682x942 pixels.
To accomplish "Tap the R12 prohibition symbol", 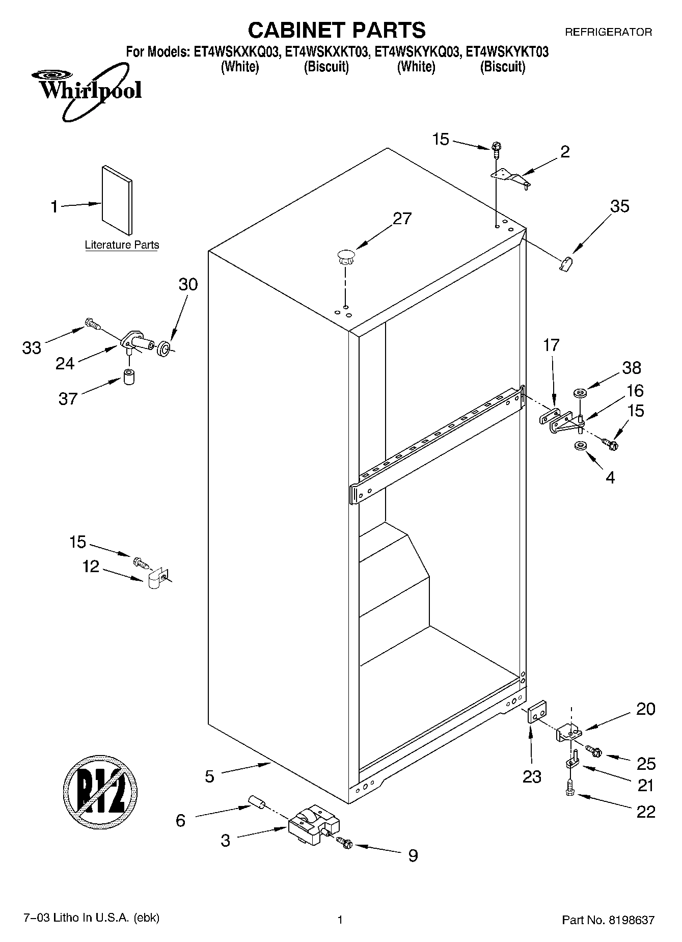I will pyautogui.click(x=101, y=792).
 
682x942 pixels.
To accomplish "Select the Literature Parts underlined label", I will pyautogui.click(x=122, y=245).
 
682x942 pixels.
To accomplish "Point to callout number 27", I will pyautogui.click(x=402, y=219).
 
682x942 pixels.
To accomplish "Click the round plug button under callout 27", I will pyautogui.click(x=345, y=256).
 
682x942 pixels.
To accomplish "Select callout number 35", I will pyautogui.click(x=619, y=206).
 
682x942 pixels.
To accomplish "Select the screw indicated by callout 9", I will pyautogui.click(x=345, y=843).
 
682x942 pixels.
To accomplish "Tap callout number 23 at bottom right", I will pyautogui.click(x=531, y=776).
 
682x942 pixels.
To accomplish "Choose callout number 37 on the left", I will pyautogui.click(x=67, y=398).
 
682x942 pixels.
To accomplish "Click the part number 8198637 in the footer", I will pyautogui.click(x=631, y=920).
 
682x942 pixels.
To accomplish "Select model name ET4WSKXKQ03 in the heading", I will pyautogui.click(x=236, y=52).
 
